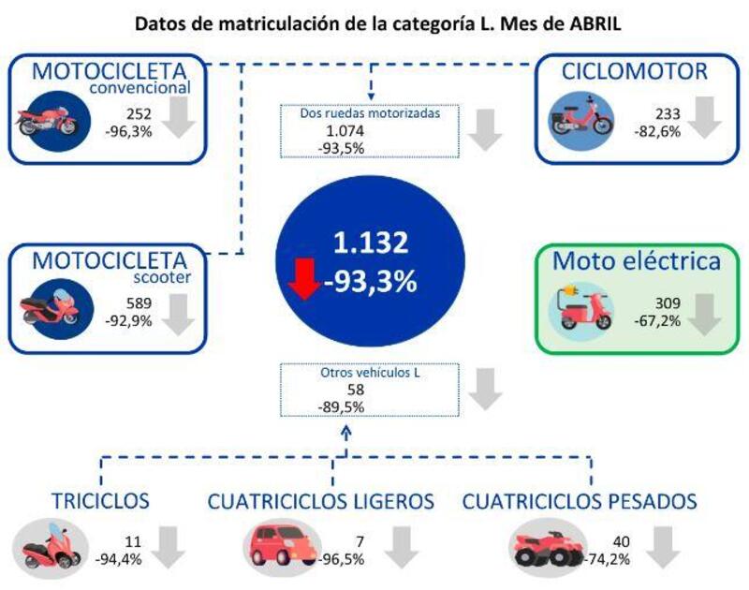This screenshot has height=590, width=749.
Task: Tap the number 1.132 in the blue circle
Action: click(372, 243)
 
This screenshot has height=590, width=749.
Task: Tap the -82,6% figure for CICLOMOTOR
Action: click(657, 130)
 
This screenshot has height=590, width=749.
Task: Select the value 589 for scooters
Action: click(140, 302)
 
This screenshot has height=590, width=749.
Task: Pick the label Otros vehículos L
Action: click(362, 373)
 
